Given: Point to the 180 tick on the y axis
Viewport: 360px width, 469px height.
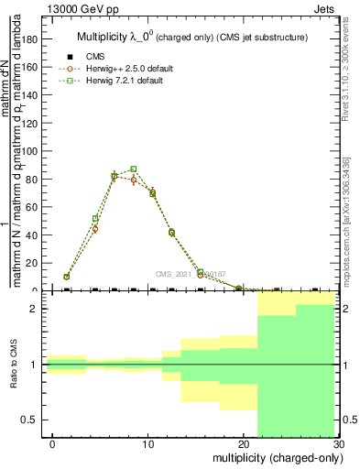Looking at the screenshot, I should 31,39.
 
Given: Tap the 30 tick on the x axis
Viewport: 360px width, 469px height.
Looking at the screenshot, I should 338,442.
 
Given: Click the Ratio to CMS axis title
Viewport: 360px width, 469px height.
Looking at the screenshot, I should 14,365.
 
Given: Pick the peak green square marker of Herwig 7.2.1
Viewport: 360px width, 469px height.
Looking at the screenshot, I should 134,169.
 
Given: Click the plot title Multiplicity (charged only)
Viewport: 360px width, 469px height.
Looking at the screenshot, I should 192,38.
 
